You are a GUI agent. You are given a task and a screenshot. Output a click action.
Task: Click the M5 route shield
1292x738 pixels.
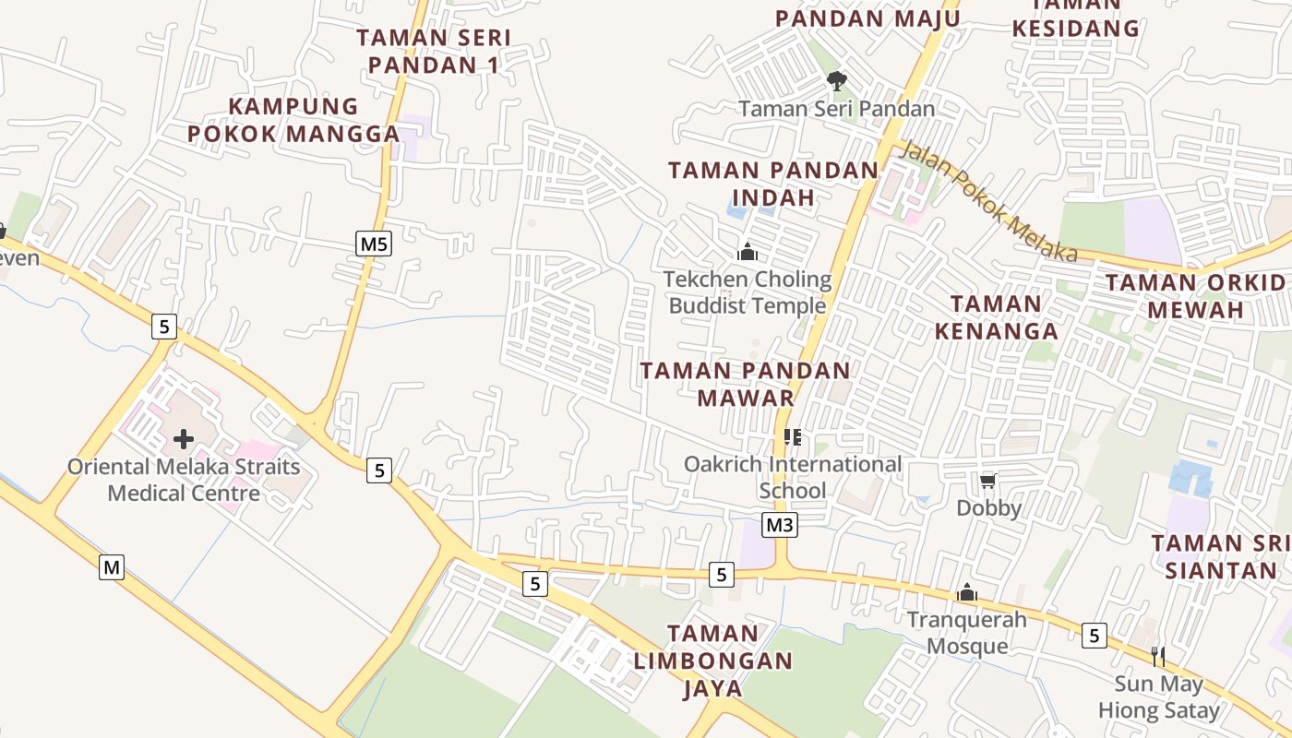tap(374, 244)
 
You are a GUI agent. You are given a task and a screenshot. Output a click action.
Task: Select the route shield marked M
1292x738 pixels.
tap(112, 567)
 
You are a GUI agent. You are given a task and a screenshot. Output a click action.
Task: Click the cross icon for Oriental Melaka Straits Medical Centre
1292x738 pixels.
tap(184, 439)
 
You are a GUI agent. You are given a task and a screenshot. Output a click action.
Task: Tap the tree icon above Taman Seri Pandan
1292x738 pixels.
tap(837, 81)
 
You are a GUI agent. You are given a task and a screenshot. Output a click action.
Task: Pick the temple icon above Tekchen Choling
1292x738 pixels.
tap(748, 251)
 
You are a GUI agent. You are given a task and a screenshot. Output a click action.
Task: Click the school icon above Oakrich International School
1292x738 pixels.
tap(792, 436)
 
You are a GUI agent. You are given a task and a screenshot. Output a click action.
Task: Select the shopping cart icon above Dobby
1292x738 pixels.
tap(988, 481)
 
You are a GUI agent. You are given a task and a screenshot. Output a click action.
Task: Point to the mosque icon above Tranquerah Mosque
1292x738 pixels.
tap(967, 592)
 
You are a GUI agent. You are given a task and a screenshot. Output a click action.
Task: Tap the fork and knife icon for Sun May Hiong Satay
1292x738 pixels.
tap(1158, 657)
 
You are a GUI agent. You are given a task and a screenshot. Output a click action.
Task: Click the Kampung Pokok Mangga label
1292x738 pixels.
tap(293, 120)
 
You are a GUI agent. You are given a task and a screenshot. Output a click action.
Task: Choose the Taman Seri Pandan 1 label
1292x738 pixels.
tap(433, 52)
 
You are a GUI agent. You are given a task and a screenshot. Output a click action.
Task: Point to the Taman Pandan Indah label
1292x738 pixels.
tap(773, 184)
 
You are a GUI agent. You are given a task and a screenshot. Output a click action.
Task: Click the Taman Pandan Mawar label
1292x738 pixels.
tap(746, 384)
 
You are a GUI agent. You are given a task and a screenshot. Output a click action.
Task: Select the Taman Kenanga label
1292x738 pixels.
tap(996, 316)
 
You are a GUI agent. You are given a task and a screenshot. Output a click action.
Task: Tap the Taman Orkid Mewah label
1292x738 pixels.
tap(1196, 296)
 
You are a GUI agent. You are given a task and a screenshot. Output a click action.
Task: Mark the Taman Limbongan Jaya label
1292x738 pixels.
tap(713, 661)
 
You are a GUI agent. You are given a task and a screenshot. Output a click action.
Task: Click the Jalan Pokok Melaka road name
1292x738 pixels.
tap(987, 201)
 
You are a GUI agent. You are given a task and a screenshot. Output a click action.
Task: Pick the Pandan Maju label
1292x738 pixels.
tap(867, 18)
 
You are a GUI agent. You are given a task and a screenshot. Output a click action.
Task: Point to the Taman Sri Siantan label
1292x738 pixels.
tap(1220, 556)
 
